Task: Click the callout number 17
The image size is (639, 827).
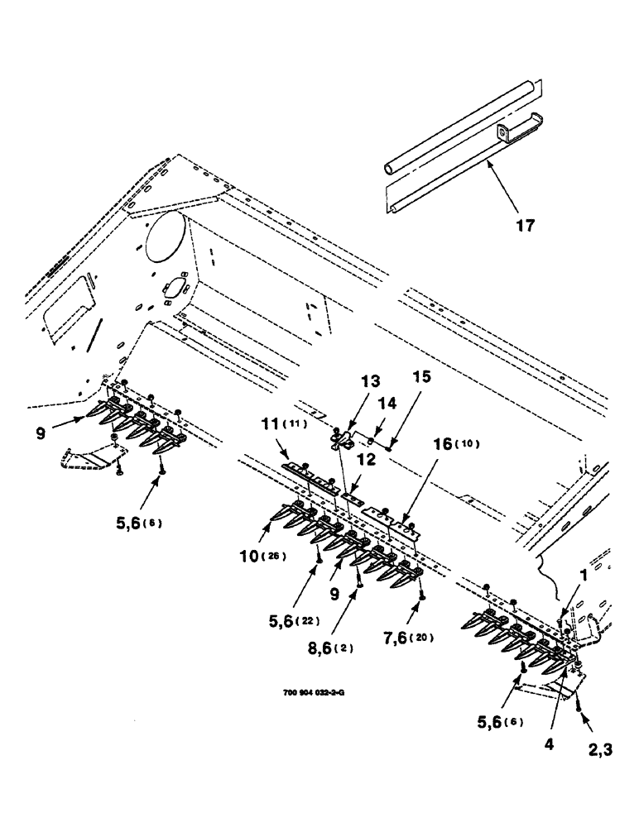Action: click(526, 225)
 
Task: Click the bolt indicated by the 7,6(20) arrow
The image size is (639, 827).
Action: click(421, 593)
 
